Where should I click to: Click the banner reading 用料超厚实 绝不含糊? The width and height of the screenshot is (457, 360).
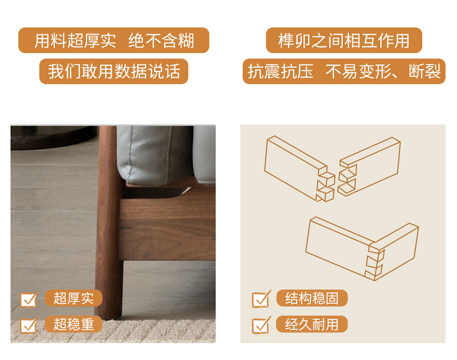coord(114,40)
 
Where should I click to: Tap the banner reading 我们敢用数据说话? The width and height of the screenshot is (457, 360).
coord(114,71)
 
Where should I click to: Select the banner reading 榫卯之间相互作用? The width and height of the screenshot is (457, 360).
coord(344,40)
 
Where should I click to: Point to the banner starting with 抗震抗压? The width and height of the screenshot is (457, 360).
coord(344,71)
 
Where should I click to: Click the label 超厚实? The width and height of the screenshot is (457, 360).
coord(74,298)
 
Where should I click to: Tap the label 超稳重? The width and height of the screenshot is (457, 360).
coord(74,324)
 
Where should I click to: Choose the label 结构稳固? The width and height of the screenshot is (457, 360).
coord(312,298)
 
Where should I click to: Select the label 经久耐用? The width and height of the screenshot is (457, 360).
coord(312,324)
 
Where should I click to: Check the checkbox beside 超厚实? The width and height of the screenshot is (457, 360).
coord(28,299)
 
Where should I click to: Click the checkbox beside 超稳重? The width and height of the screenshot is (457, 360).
coord(28,325)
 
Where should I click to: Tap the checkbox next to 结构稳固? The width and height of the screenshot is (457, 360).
coord(260,299)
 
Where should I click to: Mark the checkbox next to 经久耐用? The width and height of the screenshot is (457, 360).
coord(260,325)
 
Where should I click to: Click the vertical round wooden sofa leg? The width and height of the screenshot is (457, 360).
coord(108,222)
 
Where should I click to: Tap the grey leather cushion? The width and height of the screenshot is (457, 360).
coord(154,155)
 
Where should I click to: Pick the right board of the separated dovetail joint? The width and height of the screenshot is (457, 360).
coord(369,167)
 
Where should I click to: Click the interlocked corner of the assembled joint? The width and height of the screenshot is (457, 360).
coord(375,261)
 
